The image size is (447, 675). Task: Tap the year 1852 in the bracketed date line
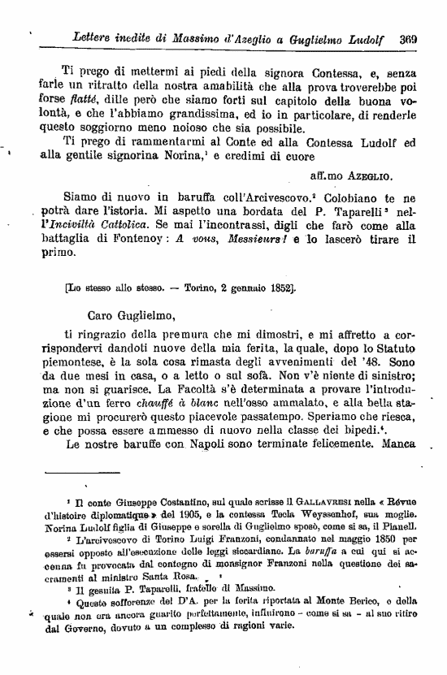coord(272,288)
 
